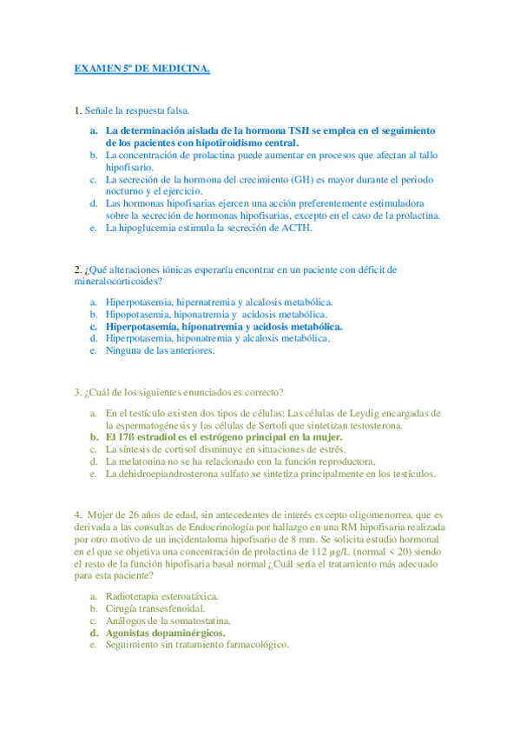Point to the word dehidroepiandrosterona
tap(174, 474)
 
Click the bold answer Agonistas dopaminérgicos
tap(165, 633)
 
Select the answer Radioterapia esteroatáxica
tap(161, 596)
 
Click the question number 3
tap(78, 391)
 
